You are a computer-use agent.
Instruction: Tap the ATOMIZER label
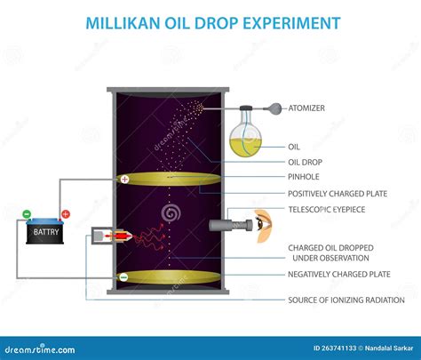[x=306, y=108]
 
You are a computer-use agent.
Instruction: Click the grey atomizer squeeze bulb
[x=275, y=108]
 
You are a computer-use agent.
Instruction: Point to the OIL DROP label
[x=305, y=162]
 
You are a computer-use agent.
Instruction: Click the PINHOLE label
[x=304, y=177]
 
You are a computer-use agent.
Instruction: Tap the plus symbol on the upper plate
[x=125, y=179]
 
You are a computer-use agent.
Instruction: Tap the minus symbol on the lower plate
[x=123, y=277]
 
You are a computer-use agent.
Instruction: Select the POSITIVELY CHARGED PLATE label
[x=338, y=194]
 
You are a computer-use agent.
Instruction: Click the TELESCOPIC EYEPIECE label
[x=327, y=210]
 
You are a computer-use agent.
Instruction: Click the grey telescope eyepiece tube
[x=231, y=225]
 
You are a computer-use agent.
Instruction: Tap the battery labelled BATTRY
[x=45, y=231]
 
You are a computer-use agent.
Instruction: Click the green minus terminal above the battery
[x=27, y=213]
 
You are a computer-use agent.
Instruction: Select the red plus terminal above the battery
[x=66, y=214]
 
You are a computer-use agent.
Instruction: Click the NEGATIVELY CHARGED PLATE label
[x=339, y=275]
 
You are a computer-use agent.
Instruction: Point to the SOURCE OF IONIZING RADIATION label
[x=346, y=300]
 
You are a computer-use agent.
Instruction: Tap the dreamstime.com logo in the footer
[x=40, y=349]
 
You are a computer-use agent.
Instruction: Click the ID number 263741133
[x=335, y=348]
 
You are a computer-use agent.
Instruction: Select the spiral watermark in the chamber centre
[x=171, y=212]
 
